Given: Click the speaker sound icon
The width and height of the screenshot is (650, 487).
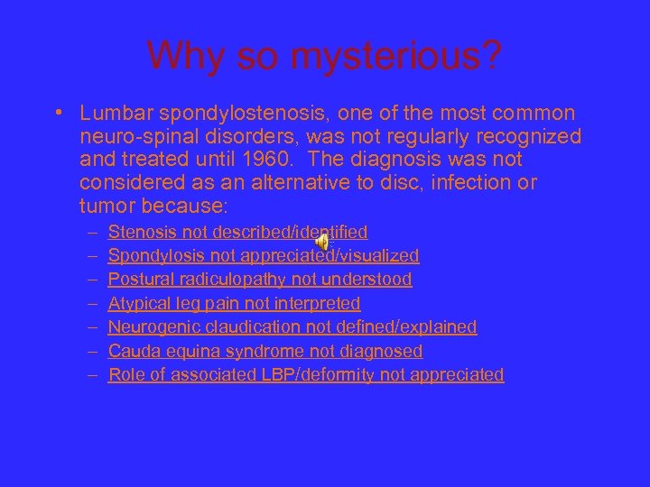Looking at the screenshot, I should click(x=323, y=242).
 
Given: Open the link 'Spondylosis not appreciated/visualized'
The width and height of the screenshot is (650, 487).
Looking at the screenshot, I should click(x=264, y=256).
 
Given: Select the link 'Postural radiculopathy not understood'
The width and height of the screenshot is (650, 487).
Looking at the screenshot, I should click(x=260, y=280).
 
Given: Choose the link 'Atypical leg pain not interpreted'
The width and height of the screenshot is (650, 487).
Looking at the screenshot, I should click(x=234, y=303).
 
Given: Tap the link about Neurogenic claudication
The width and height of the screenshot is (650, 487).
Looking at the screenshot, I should click(x=292, y=326).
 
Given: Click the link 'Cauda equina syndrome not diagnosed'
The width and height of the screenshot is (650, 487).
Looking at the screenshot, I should click(x=265, y=351).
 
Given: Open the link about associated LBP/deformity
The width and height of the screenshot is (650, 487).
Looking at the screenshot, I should click(x=306, y=374).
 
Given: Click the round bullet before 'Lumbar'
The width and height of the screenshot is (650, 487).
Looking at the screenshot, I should click(x=56, y=114).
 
